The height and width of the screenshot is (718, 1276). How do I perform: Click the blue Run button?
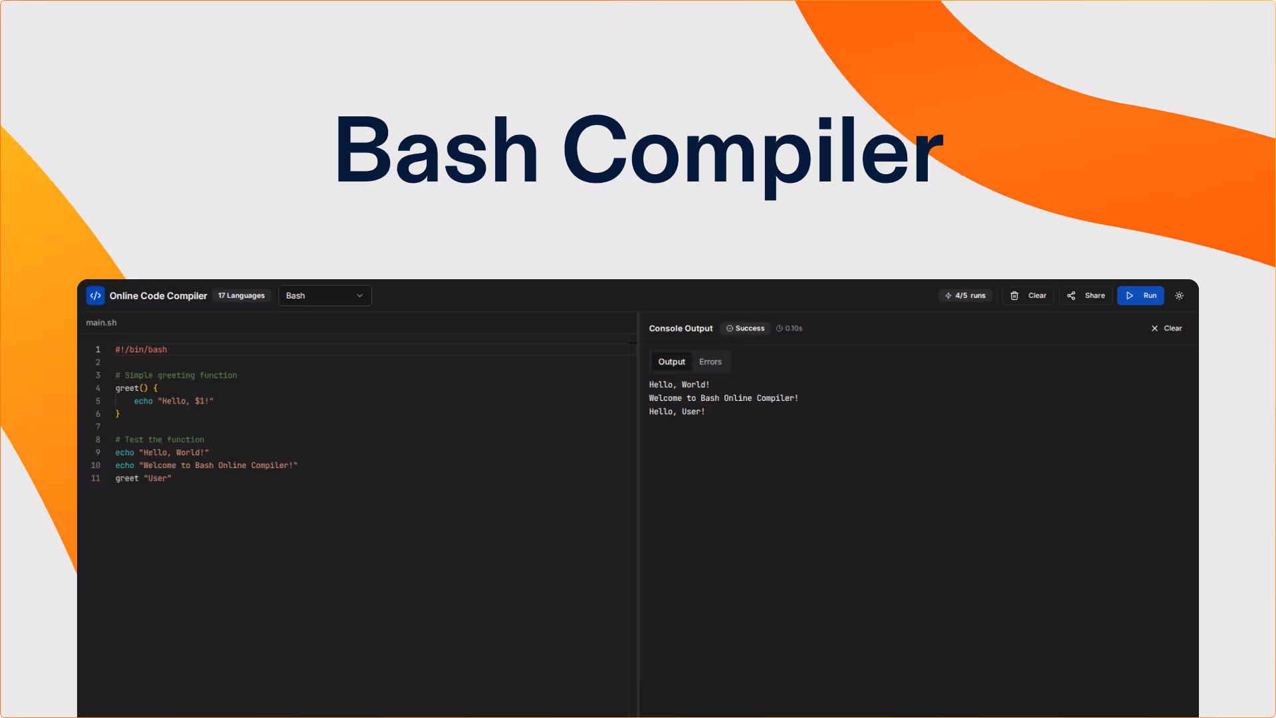click(x=1140, y=296)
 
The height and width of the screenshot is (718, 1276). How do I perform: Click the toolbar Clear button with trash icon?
click(x=1028, y=296)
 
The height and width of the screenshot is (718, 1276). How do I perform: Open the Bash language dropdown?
click(x=324, y=296)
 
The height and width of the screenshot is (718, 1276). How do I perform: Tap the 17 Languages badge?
click(x=241, y=296)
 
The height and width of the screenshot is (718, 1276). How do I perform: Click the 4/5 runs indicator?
click(x=965, y=296)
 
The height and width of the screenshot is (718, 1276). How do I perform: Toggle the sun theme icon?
click(x=1180, y=296)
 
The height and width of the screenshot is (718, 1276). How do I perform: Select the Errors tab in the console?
click(x=710, y=362)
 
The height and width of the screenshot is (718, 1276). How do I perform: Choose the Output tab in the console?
click(x=671, y=362)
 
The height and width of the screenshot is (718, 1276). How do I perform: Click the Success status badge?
click(x=745, y=328)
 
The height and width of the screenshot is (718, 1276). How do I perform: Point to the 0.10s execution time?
click(x=790, y=328)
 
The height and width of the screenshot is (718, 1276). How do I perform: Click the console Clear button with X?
click(x=1166, y=328)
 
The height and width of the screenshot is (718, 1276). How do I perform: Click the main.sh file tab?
click(x=101, y=322)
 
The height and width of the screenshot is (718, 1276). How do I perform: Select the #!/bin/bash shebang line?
click(x=141, y=350)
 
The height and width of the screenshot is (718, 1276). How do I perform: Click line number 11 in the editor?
click(x=96, y=479)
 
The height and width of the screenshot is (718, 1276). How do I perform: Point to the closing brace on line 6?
click(x=118, y=414)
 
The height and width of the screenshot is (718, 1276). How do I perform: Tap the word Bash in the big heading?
click(x=436, y=150)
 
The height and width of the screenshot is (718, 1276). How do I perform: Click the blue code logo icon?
click(x=95, y=296)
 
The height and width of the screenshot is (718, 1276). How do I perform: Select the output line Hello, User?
click(x=677, y=412)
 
